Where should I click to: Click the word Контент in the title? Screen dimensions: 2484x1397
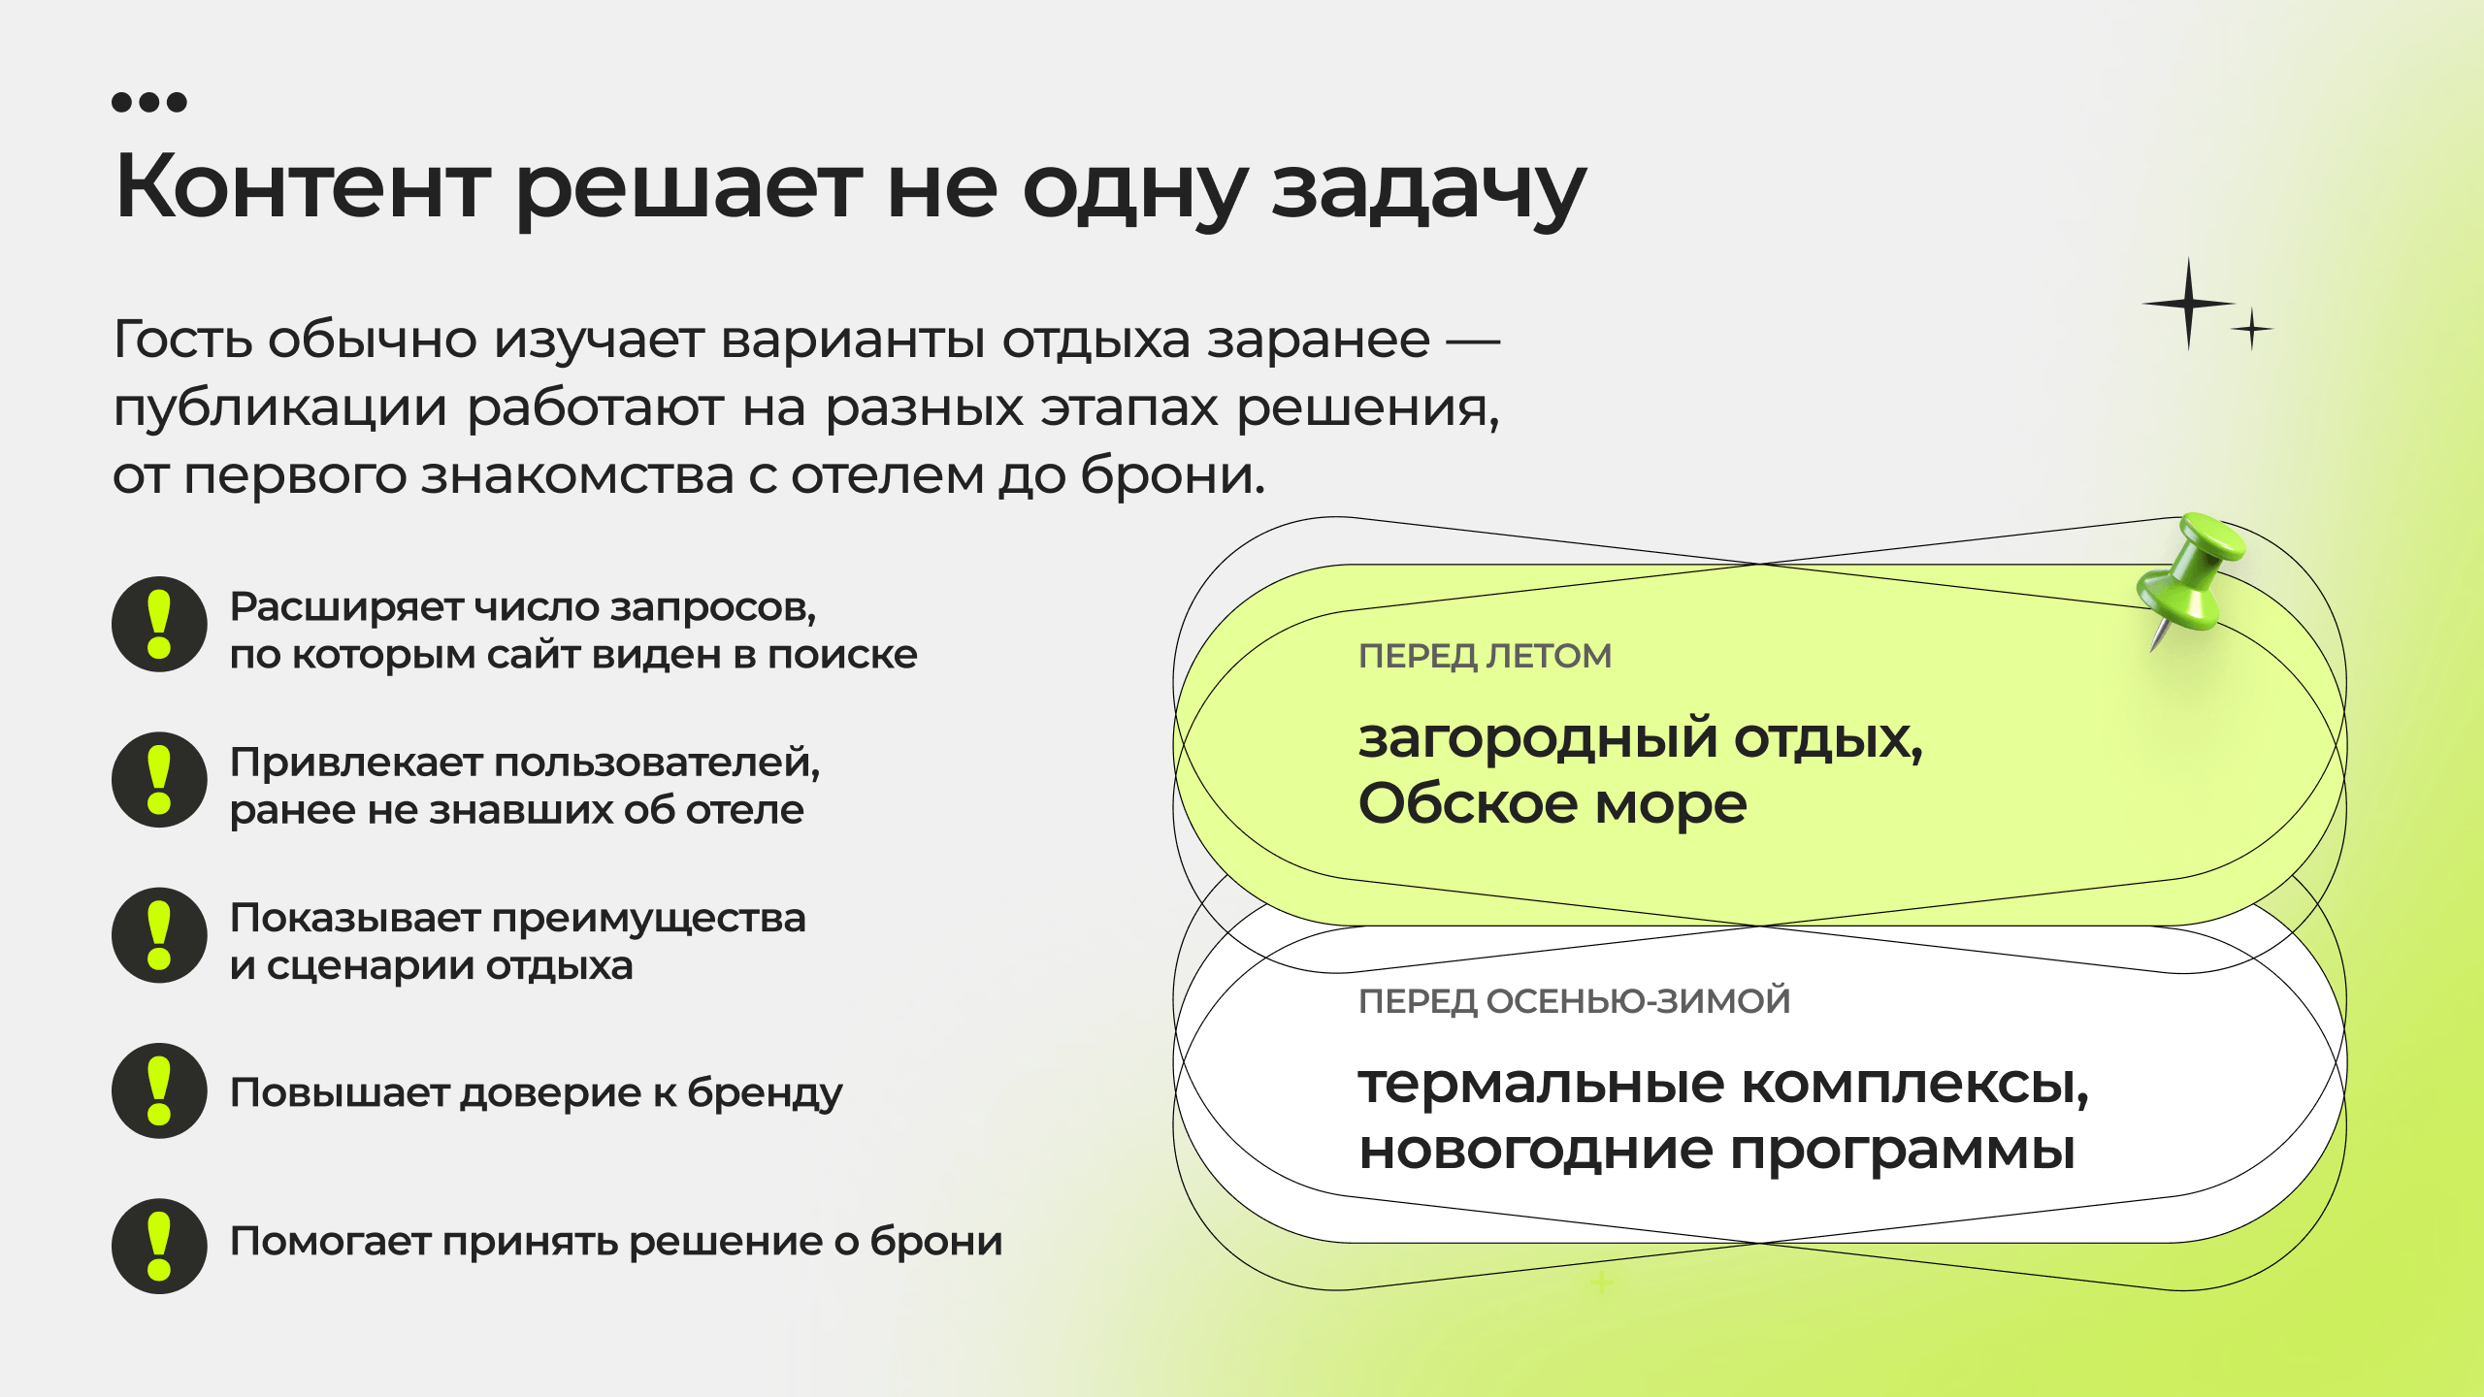302,185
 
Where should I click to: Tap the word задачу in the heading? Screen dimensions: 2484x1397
1428,191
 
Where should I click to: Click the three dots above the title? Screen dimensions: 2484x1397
149,102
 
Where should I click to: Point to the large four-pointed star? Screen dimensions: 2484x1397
2188,304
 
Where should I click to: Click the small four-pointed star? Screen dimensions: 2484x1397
2251,330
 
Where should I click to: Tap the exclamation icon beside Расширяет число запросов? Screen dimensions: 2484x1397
159,625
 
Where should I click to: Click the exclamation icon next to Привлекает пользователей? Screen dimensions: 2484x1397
159,780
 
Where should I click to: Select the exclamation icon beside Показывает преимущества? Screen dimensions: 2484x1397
159,935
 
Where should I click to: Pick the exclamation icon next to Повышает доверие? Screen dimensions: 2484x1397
159,1090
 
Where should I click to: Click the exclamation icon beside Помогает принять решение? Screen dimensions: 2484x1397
159,1246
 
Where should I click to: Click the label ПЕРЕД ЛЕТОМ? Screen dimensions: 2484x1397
1485,657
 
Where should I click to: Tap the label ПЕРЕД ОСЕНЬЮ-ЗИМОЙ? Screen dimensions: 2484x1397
1574,1000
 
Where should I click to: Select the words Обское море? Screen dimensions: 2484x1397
1552,803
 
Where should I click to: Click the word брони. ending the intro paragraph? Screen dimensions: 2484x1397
1173,474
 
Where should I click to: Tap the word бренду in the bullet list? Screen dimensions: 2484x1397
765,1094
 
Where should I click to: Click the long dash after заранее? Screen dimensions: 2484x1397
1474,341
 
